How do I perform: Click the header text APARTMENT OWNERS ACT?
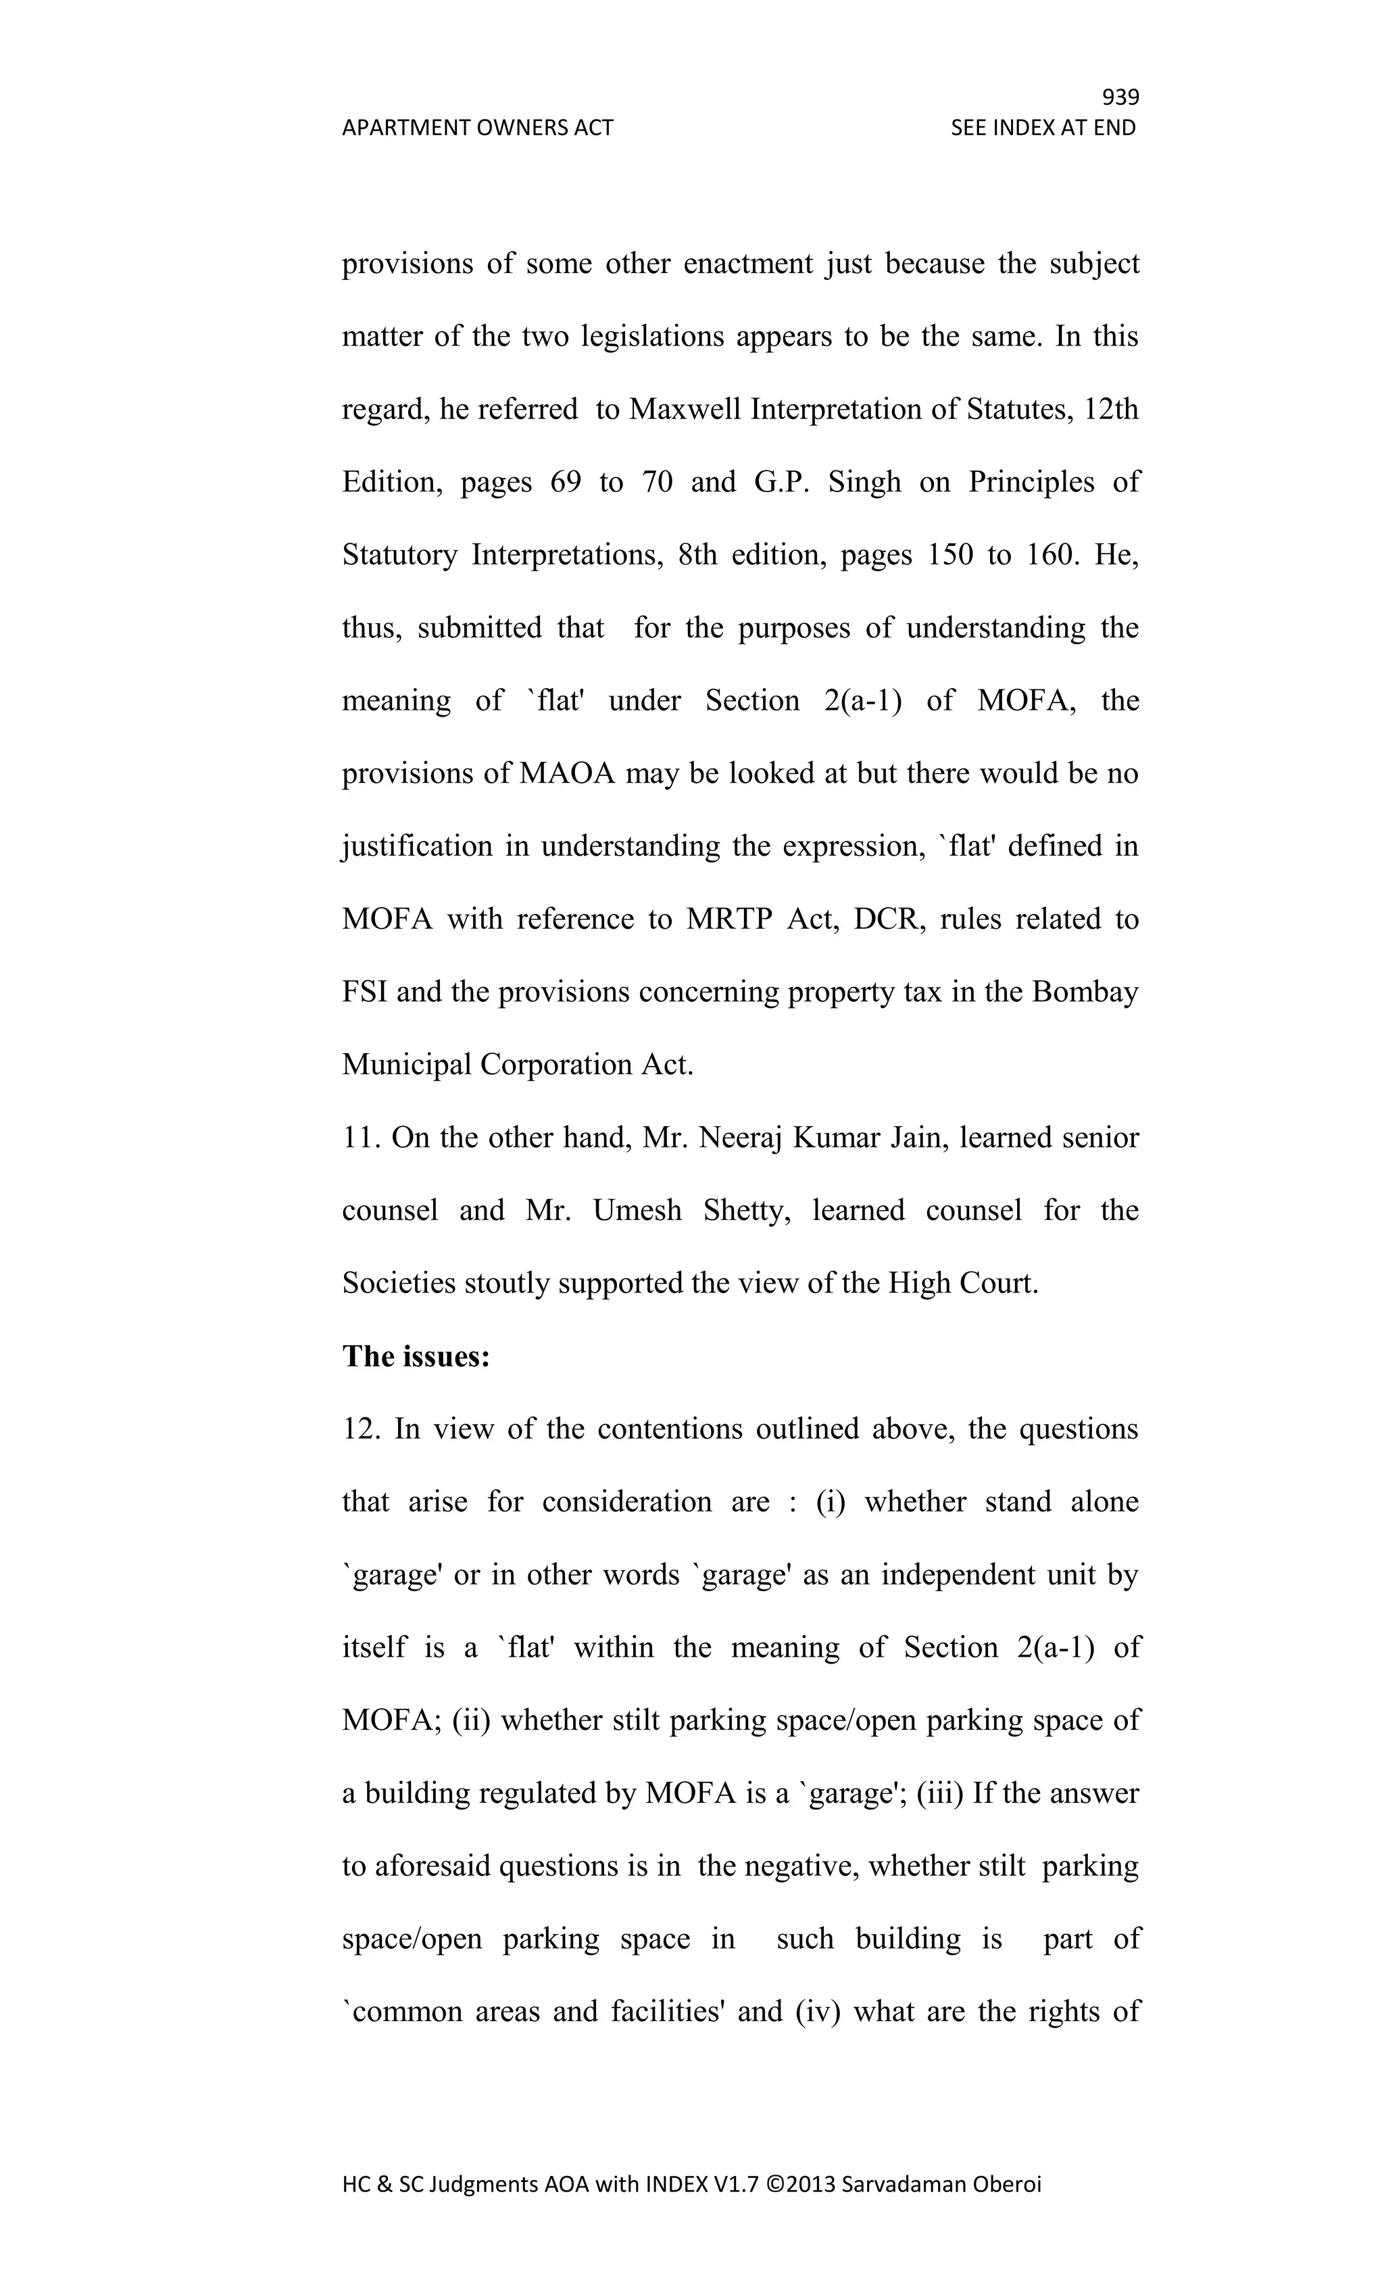(477, 128)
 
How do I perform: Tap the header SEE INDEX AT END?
(1043, 128)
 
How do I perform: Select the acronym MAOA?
(566, 773)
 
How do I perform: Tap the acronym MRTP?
(729, 919)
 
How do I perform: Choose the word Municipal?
(406, 1065)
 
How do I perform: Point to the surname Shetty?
(745, 1211)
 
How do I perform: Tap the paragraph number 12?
(361, 1430)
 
